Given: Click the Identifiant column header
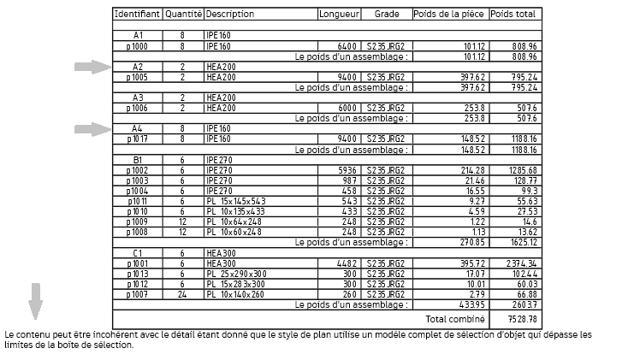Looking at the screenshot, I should (137, 15).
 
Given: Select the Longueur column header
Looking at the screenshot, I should (339, 15).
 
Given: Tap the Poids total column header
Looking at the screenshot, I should (514, 15).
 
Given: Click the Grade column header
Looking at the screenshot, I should (386, 15).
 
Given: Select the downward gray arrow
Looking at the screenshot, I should (35, 300).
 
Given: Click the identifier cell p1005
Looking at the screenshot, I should (137, 77).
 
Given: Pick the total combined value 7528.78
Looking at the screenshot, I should (521, 319).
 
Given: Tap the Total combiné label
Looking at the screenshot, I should (450, 319).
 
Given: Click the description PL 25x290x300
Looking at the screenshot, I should (236, 274).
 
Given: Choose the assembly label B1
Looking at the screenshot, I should (137, 160).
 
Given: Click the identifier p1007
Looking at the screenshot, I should (137, 294).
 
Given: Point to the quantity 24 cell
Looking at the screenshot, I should (182, 294).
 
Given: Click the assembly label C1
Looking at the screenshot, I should (137, 253).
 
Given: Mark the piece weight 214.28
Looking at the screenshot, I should (472, 170).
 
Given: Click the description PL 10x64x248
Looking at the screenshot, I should (234, 221).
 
